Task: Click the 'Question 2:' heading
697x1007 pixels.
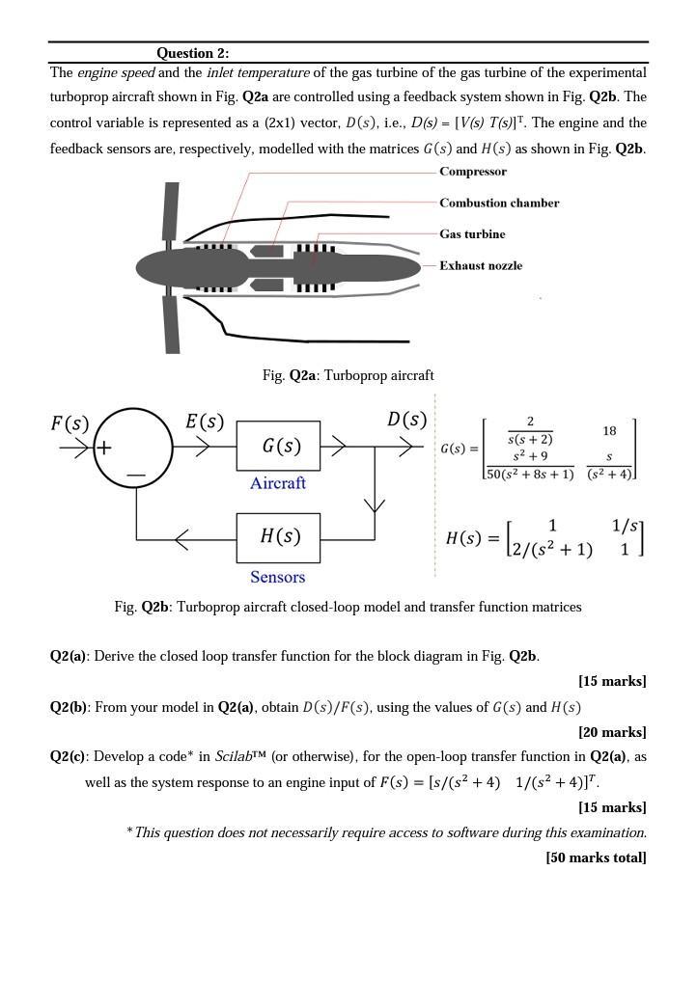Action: (192, 53)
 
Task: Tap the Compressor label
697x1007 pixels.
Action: (472, 172)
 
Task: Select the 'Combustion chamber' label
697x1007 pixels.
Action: (499, 203)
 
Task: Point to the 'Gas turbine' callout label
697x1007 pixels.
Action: (472, 234)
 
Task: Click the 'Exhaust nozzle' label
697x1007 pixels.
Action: (481, 265)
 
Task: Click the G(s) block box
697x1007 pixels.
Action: (278, 447)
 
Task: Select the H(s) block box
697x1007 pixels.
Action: (278, 537)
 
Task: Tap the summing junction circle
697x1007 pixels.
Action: (133, 448)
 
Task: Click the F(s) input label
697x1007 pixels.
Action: (70, 423)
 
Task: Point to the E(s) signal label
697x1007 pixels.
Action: (205, 422)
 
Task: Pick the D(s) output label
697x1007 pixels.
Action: (406, 420)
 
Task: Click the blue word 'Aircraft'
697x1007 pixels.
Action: (278, 483)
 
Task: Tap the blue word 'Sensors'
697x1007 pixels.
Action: (278, 577)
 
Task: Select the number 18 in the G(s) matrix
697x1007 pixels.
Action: (609, 431)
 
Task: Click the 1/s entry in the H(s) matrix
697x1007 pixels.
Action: (626, 526)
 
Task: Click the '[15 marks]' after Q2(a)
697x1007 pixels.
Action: (612, 681)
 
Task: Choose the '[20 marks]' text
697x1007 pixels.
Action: (612, 732)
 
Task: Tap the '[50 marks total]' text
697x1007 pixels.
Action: (596, 857)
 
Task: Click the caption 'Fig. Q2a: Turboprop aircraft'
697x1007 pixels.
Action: (348, 375)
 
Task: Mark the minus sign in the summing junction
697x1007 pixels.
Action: (135, 475)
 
